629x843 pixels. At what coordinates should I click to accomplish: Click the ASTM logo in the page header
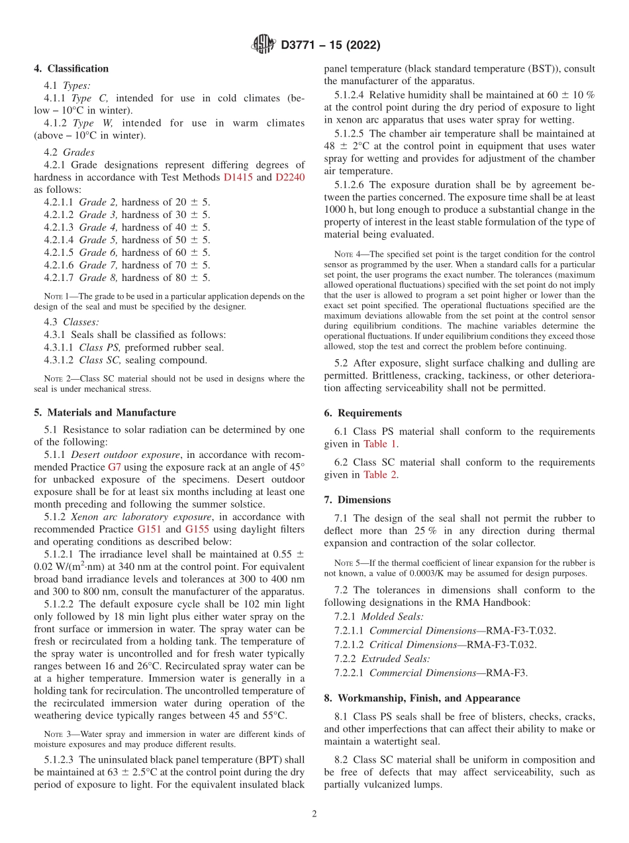(x=264, y=45)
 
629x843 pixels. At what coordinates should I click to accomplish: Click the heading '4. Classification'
(x=72, y=69)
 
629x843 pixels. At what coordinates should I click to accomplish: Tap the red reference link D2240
(x=290, y=177)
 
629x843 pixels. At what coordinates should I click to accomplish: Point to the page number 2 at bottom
(x=314, y=814)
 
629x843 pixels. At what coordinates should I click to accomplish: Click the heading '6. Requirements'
(x=363, y=413)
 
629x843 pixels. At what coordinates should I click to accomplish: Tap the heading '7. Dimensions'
(x=358, y=500)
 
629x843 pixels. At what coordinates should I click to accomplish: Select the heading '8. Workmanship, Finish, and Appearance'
(x=422, y=698)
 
